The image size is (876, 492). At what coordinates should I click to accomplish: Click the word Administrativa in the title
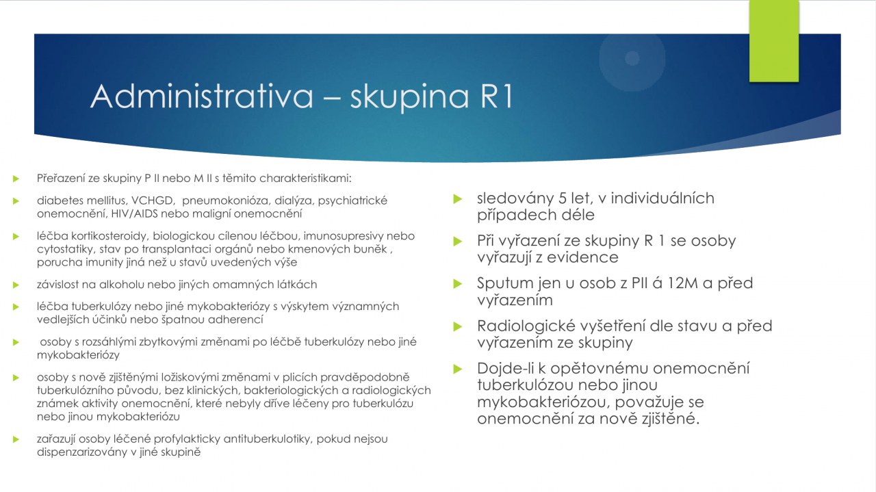202,96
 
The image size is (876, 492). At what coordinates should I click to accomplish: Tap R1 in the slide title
497,96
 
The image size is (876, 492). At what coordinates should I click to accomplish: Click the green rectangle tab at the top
774,40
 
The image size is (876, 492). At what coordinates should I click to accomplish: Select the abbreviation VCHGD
152,200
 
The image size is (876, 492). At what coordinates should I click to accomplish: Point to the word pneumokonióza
225,200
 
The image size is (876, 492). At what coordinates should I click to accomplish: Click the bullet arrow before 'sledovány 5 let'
458,199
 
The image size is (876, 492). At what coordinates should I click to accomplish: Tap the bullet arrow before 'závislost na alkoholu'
16,285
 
